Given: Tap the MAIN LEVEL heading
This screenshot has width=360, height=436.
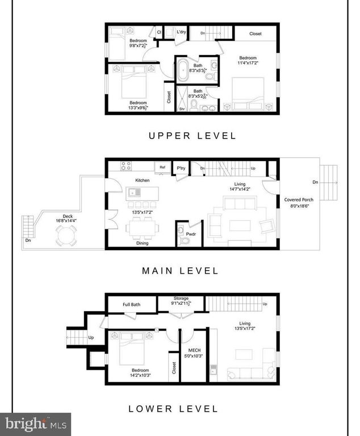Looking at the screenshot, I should (180, 271).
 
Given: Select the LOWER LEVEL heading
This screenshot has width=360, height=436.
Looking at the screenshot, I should (173, 408).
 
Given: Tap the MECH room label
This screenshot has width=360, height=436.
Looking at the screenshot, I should (190, 350).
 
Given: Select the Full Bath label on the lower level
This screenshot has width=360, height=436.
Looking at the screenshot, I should (132, 304).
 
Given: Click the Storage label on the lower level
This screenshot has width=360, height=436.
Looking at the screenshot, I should (181, 297).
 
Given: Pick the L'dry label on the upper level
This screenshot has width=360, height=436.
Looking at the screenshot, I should (182, 32).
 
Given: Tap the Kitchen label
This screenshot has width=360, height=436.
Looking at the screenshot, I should (142, 180).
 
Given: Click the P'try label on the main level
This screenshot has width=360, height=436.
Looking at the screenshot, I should (181, 168).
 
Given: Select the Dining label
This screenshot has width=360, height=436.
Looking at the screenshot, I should (142, 243).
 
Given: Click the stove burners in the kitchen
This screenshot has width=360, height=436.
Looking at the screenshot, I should (126, 166).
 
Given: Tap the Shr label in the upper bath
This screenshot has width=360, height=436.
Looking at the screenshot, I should (182, 108).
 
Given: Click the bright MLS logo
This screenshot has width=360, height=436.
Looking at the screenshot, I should (35, 424).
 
